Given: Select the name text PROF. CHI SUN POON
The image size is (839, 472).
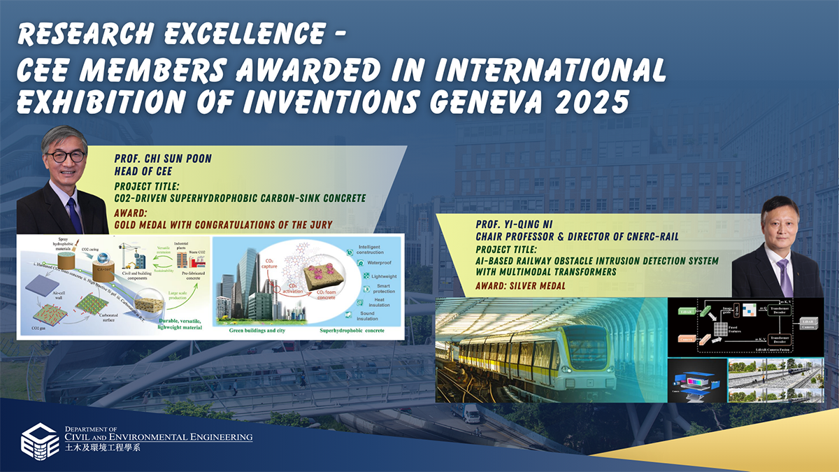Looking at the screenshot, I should point(162,159).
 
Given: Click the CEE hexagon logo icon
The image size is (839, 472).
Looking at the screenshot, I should point(39,440).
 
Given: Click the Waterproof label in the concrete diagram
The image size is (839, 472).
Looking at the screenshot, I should point(369,263).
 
